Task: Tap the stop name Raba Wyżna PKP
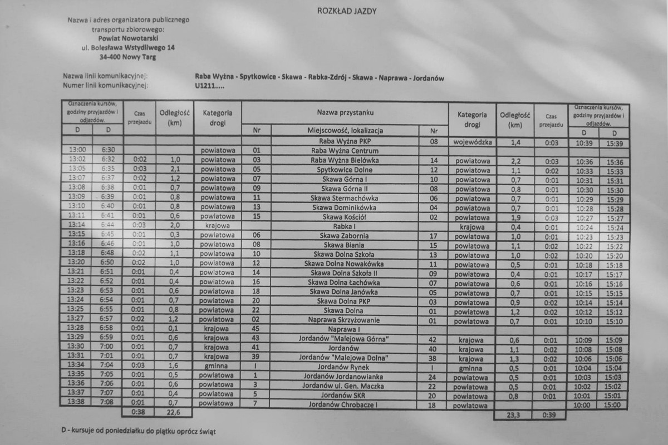[345, 141]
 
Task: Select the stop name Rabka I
[345, 226]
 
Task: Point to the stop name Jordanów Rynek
[345, 367]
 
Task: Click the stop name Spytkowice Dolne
[345, 170]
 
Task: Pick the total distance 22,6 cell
[174, 413]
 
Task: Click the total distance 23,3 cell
[513, 415]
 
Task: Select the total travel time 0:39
[549, 415]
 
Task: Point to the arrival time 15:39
[615, 143]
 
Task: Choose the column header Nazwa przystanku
[345, 112]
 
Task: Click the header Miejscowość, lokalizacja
[345, 131]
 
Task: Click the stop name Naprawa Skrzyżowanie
[345, 320]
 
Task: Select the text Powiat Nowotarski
[128, 38]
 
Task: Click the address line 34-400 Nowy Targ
[128, 57]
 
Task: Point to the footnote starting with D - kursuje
[139, 431]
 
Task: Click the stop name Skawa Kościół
[345, 217]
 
